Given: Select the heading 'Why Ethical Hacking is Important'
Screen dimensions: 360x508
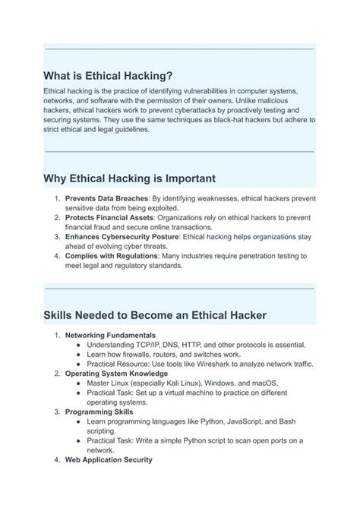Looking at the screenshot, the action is [130, 178].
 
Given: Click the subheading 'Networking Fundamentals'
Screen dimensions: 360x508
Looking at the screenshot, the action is [110, 335].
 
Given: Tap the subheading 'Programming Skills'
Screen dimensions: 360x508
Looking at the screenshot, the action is [99, 412].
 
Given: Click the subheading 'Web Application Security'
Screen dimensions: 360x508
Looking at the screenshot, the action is [109, 459].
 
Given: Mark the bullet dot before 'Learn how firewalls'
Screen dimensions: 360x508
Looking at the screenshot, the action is [80, 354].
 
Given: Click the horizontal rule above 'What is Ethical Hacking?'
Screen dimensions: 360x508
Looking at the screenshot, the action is [179, 49].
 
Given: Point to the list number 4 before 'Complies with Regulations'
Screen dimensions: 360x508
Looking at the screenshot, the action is [57, 256].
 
